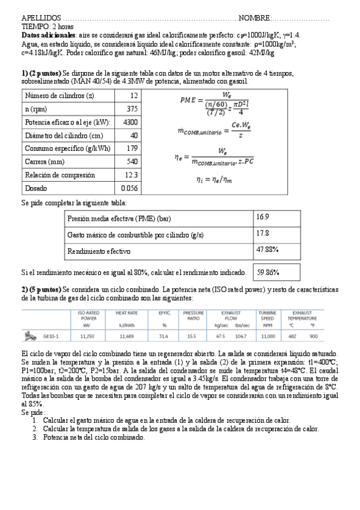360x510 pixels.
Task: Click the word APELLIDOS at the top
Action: point(41,19)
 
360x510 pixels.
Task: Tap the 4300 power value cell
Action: point(130,122)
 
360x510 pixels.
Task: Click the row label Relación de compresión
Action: point(60,175)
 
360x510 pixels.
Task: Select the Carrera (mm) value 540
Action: point(132,162)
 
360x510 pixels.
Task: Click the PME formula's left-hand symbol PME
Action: point(188,101)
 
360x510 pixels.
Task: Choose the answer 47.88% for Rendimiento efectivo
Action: point(267,248)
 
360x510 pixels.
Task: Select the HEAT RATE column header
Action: point(118,313)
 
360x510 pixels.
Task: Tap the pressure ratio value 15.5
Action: point(193,336)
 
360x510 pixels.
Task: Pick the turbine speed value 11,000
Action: point(267,336)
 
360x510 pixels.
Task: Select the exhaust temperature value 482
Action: point(293,336)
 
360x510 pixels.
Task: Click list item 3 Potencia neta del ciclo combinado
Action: point(94,438)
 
